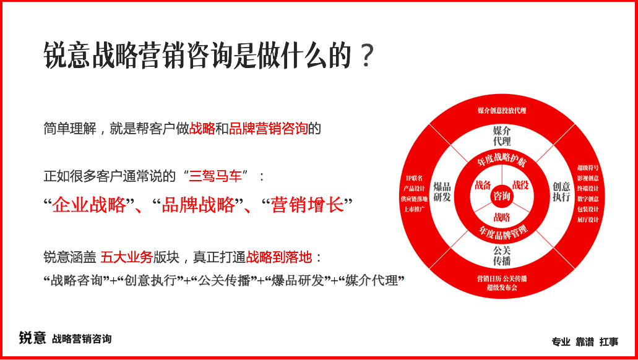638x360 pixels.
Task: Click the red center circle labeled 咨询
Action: point(502,196)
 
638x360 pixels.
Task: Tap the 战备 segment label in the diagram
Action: point(483,185)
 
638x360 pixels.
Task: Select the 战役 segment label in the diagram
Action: point(521,185)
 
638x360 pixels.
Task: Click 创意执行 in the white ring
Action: point(561,191)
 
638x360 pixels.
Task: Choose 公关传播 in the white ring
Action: point(502,255)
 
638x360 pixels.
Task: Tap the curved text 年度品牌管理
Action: point(502,232)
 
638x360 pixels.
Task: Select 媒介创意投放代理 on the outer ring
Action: point(502,111)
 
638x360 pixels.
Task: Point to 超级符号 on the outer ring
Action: point(588,168)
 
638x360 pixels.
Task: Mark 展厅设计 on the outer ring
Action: point(588,220)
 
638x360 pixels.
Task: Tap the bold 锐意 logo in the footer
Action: point(32,338)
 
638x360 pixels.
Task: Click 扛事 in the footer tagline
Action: point(609,341)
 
